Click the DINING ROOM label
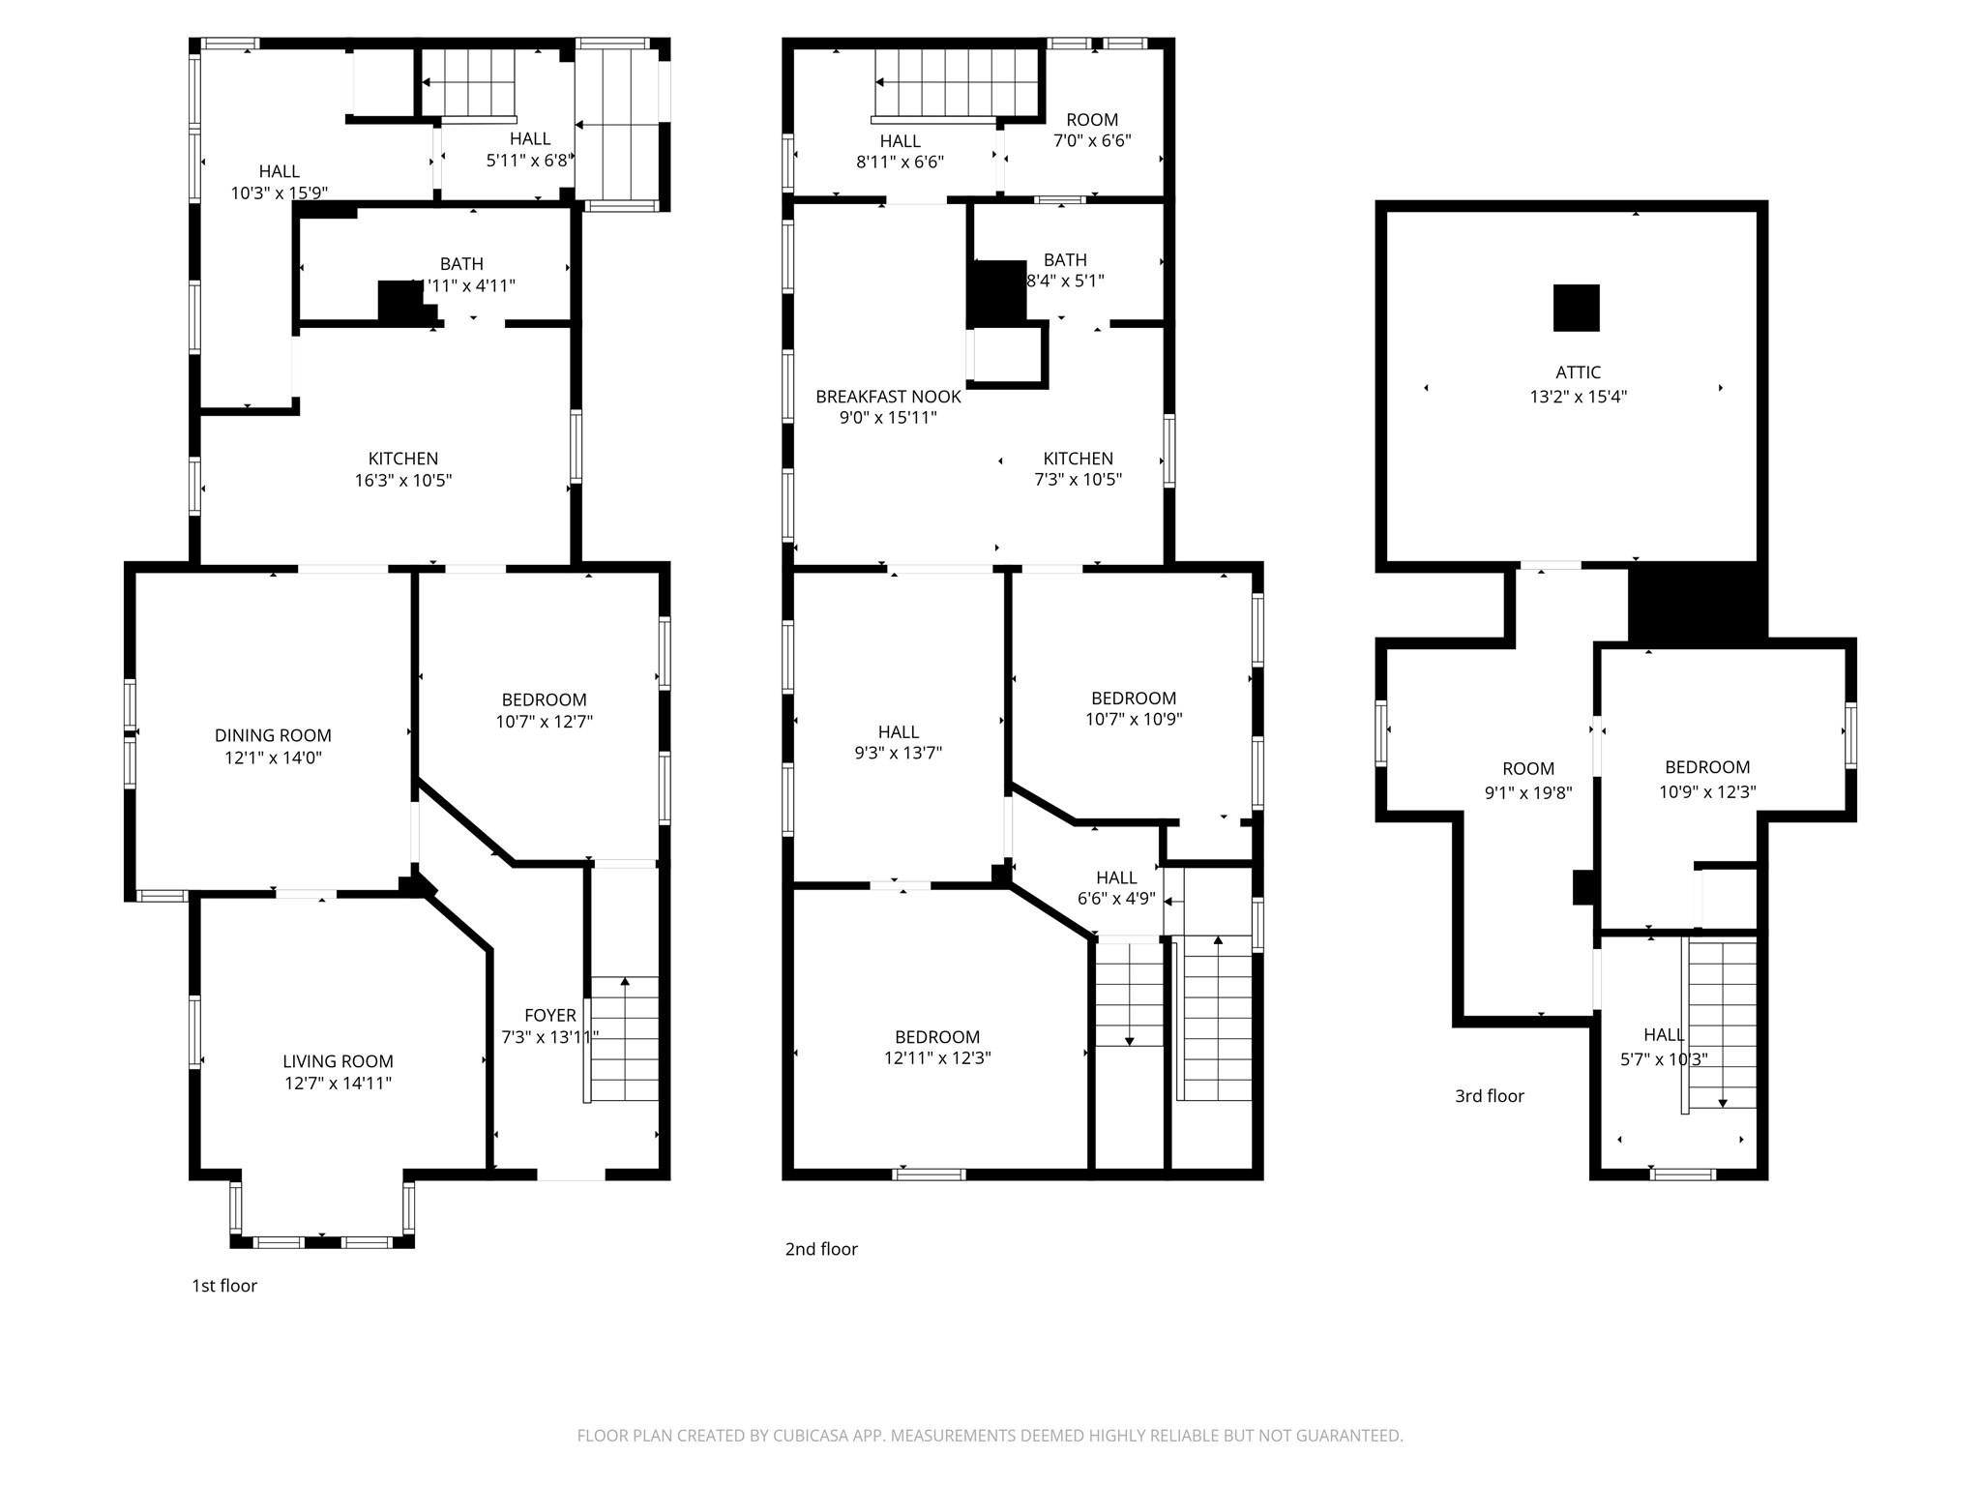(273, 735)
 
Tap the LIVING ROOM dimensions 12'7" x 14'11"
(338, 1084)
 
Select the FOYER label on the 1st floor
(549, 1015)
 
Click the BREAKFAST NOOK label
(888, 397)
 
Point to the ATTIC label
(1578, 372)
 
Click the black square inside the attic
(1576, 308)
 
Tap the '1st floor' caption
(224, 1286)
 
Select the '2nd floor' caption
(821, 1249)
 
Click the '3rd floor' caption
(1489, 1096)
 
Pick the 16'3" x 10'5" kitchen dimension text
(403, 480)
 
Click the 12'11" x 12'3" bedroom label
(936, 1047)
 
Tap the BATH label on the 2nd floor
(1065, 260)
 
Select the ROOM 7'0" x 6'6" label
(1092, 130)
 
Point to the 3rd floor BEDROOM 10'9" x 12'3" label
(1707, 779)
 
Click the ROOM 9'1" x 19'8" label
(1528, 781)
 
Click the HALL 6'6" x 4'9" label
(1116, 887)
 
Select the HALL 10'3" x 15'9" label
(279, 182)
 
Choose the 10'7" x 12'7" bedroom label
(544, 710)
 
